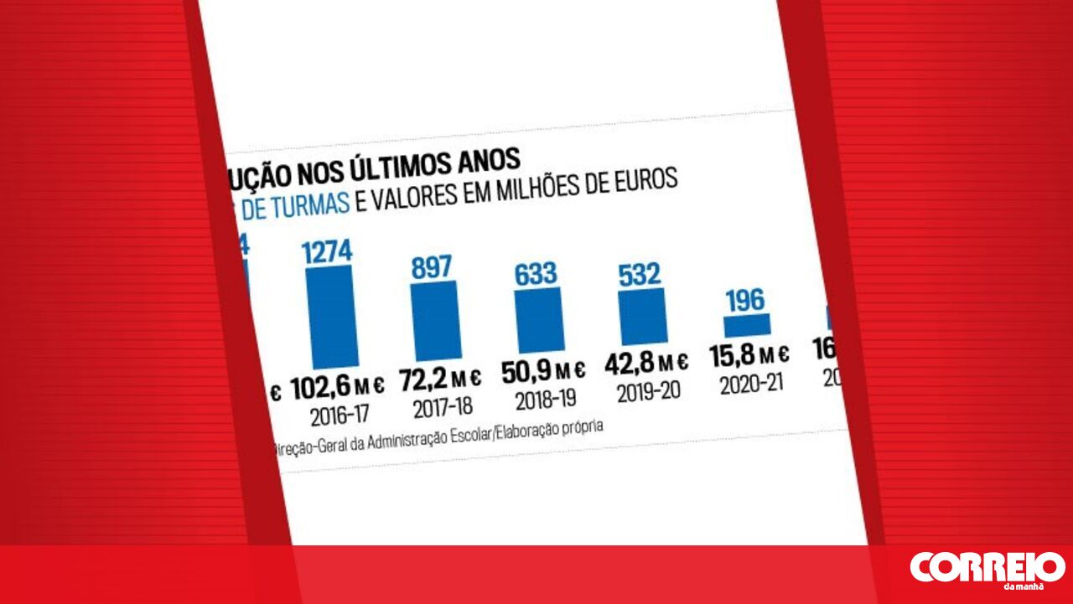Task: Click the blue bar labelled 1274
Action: coord(333,316)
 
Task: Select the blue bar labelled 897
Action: coord(436,320)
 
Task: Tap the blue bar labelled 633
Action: coord(539,319)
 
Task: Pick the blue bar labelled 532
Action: coord(643,316)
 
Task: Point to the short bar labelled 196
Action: coord(747,325)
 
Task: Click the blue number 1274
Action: coord(328,252)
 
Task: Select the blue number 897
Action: coord(432,267)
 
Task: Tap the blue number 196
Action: coord(745,300)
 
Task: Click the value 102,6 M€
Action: coord(338,387)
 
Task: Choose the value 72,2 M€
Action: coord(440,379)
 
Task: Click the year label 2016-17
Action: coord(340,415)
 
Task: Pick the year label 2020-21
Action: coord(752,384)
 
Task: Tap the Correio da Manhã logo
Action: coord(987,569)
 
